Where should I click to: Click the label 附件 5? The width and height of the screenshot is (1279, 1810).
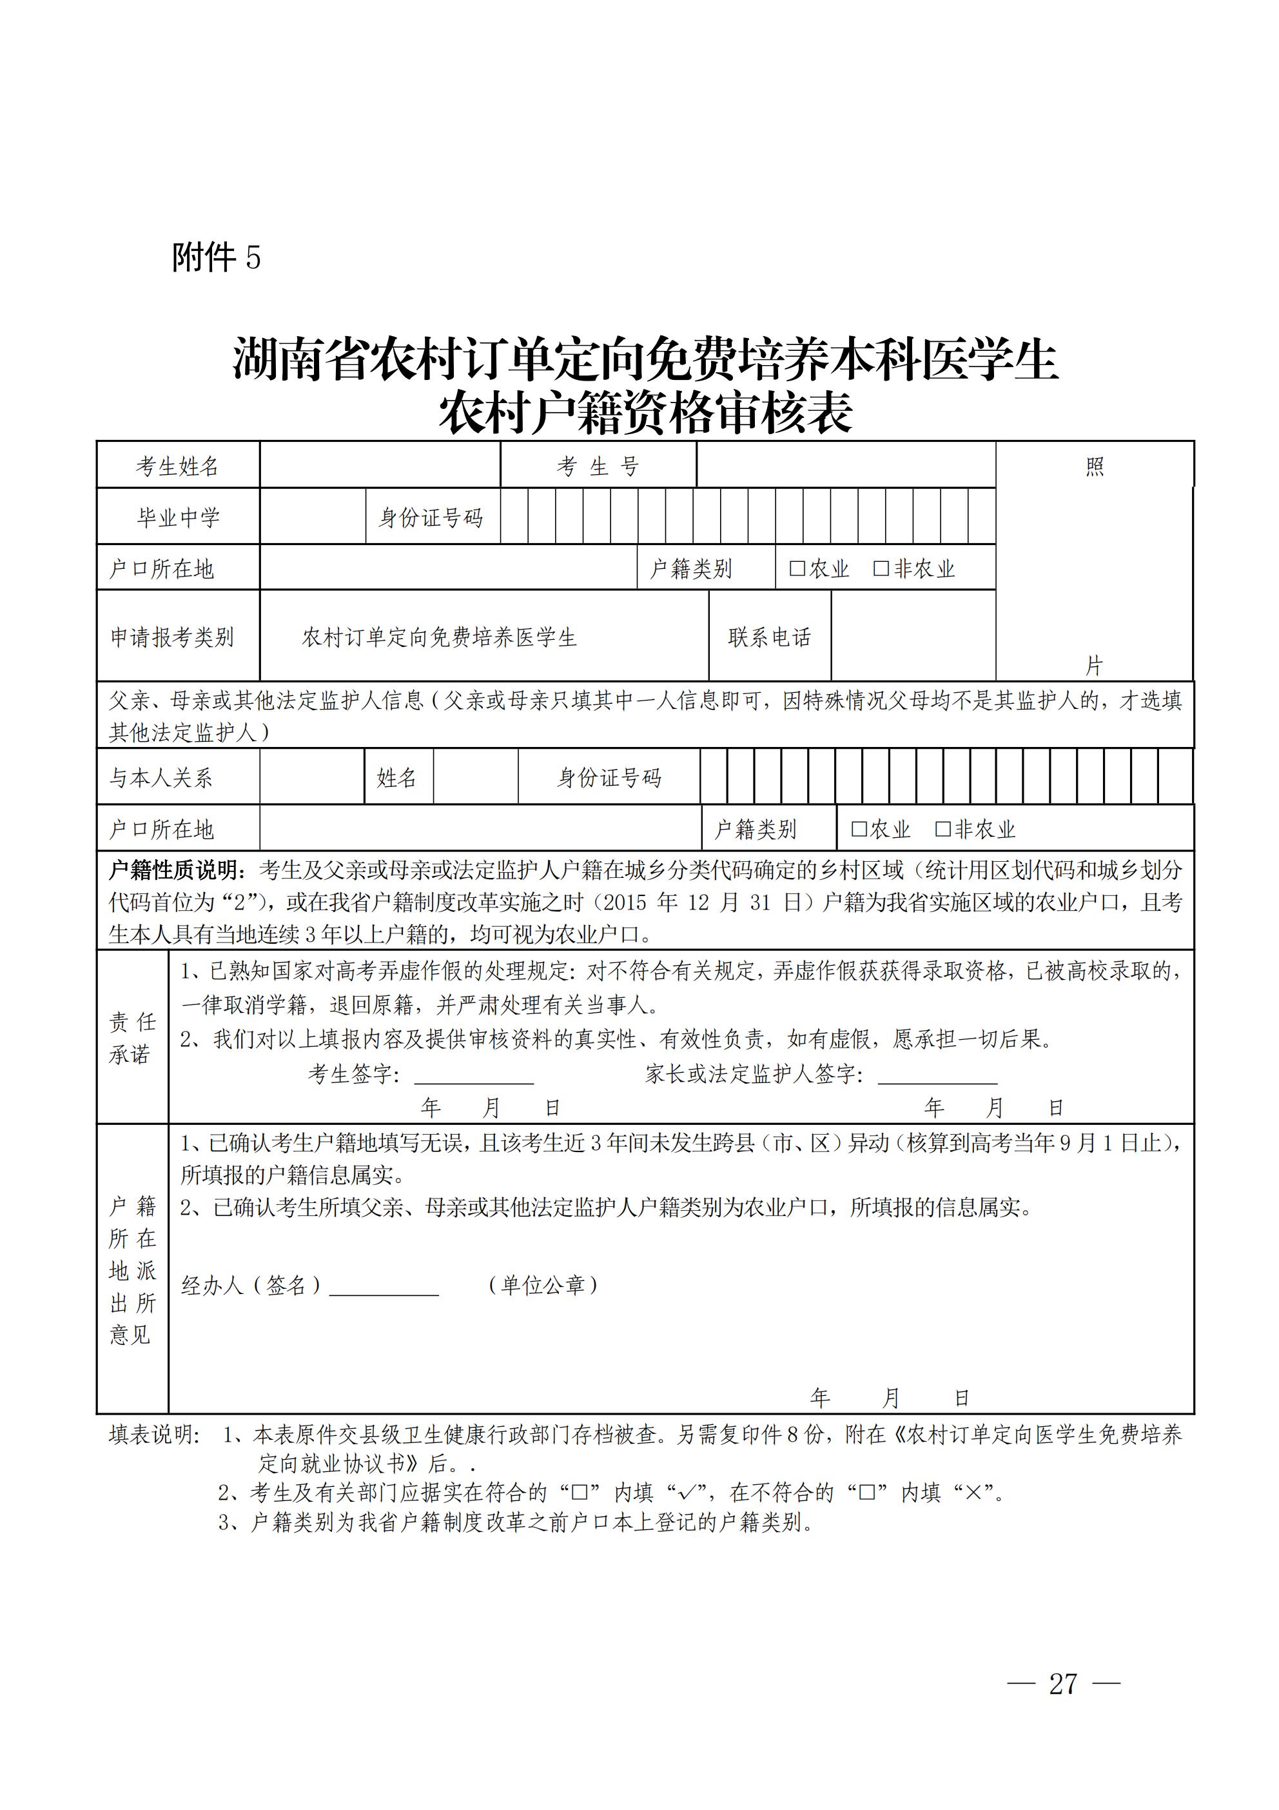click(216, 258)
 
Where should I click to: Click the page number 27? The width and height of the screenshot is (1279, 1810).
click(1063, 1684)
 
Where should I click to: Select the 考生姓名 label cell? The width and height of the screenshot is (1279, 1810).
click(177, 466)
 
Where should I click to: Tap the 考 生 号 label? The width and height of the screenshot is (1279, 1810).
click(598, 466)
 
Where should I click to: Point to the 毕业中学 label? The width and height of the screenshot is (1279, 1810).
click(178, 517)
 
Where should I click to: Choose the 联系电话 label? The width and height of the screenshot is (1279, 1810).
click(769, 637)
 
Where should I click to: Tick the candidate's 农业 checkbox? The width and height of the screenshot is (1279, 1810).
click(797, 568)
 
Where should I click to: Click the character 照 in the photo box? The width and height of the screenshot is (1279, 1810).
click(1095, 466)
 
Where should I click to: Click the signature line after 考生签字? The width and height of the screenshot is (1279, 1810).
click(474, 1077)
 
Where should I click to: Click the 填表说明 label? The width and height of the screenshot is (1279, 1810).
click(155, 1435)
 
